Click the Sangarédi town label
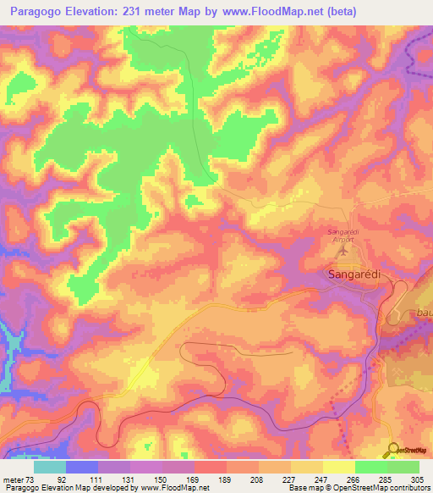click(x=352, y=274)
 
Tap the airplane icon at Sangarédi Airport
click(x=343, y=251)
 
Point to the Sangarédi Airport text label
click(x=343, y=235)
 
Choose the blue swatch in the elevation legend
click(x=82, y=467)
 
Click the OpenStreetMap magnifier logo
click(x=392, y=450)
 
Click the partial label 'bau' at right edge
click(x=424, y=313)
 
